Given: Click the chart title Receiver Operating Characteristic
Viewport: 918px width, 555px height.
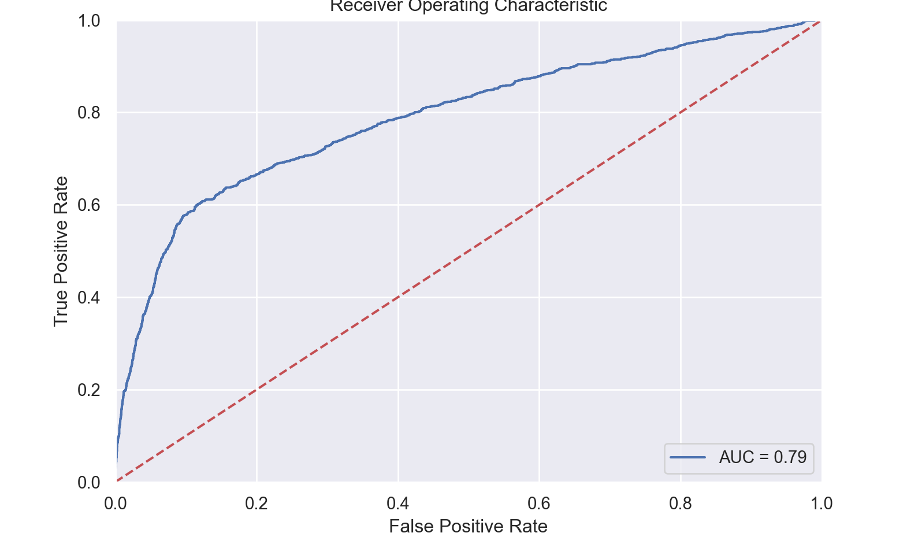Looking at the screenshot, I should click(468, 6).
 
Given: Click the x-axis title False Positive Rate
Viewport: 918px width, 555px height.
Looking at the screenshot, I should click(468, 526).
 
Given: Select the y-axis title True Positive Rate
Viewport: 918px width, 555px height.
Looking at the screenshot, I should click(61, 251).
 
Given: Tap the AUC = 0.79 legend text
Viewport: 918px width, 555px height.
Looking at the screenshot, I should click(763, 457).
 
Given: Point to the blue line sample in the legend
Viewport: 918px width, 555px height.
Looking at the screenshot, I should click(687, 457).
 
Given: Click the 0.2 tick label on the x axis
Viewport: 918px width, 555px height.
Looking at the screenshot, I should click(257, 504).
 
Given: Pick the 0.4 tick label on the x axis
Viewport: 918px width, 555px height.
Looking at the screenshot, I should click(398, 504).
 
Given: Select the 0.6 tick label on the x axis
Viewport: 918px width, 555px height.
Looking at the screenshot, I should click(539, 504).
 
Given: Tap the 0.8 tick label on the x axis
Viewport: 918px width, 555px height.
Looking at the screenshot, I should click(681, 504).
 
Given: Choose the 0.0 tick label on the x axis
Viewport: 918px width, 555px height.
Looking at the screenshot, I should click(116, 504).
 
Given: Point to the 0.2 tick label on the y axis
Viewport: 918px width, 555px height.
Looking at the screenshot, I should click(89, 390).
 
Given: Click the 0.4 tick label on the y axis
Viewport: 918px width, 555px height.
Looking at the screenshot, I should click(89, 298).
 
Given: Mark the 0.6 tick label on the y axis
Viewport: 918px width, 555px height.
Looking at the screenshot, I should click(89, 205).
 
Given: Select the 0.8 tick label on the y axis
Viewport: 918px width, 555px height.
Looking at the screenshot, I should click(89, 113).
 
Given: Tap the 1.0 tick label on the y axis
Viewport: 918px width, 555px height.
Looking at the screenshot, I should click(89, 21).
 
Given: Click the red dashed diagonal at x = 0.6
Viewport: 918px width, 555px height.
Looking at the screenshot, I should click(539, 205).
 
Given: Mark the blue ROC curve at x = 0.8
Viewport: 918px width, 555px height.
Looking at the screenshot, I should click(681, 45).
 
